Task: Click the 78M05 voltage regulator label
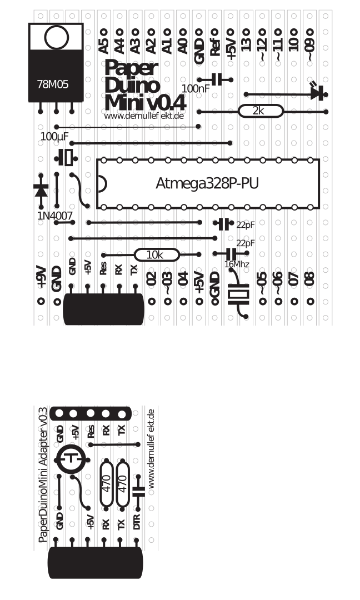(x=53, y=85)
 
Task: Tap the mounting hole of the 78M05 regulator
(x=56, y=37)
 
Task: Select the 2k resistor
(x=259, y=111)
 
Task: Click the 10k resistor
(x=156, y=255)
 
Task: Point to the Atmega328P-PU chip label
(x=207, y=183)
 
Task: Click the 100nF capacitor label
(x=196, y=88)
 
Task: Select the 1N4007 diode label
(x=54, y=215)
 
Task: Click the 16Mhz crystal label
(x=237, y=264)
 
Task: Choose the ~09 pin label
(x=310, y=41)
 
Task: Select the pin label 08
(x=310, y=278)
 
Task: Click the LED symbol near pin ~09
(x=316, y=92)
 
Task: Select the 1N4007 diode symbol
(x=41, y=189)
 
